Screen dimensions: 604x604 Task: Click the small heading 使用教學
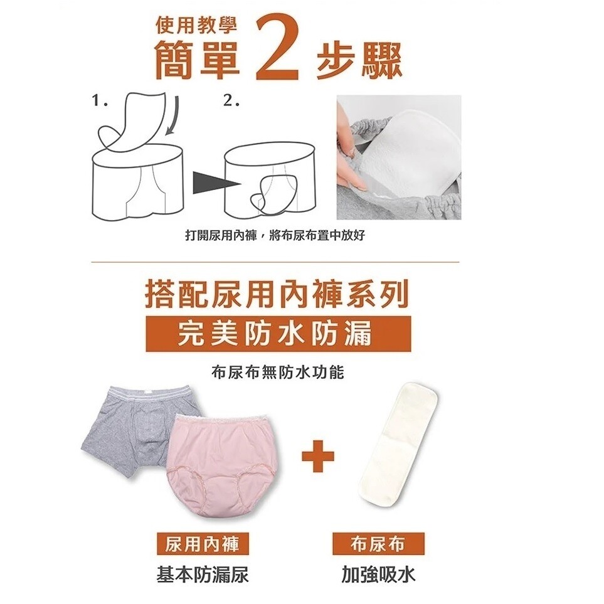(196, 26)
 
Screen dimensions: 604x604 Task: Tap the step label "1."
(100, 102)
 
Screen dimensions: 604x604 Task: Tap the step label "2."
(231, 102)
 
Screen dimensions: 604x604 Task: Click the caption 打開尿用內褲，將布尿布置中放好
(275, 235)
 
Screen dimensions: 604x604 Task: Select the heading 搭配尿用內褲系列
(277, 295)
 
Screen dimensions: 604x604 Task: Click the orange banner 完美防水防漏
(278, 334)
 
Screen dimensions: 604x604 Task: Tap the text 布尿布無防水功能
(277, 373)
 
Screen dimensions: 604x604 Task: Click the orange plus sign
(317, 457)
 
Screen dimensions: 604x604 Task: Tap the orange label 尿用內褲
(203, 544)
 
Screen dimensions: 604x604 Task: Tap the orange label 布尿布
(378, 544)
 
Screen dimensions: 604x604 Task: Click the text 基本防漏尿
(203, 575)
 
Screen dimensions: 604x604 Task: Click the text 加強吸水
(378, 575)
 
